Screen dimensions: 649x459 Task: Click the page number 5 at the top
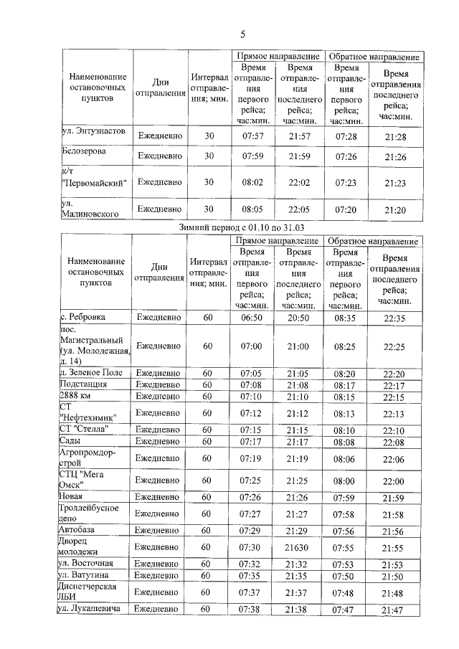click(242, 34)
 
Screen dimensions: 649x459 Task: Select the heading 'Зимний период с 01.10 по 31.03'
click(242, 227)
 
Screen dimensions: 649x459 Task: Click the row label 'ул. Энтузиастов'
click(93, 133)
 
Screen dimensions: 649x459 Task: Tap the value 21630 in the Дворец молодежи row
click(298, 547)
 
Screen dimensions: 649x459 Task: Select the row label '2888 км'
click(76, 396)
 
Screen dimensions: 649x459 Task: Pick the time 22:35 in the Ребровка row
click(394, 317)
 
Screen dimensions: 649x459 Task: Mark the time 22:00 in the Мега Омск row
click(394, 480)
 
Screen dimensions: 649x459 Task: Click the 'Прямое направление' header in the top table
click(278, 56)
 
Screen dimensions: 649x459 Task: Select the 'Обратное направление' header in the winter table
click(373, 242)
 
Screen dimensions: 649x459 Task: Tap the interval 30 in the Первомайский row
click(209, 182)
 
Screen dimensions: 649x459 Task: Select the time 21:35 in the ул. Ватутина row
click(298, 576)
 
